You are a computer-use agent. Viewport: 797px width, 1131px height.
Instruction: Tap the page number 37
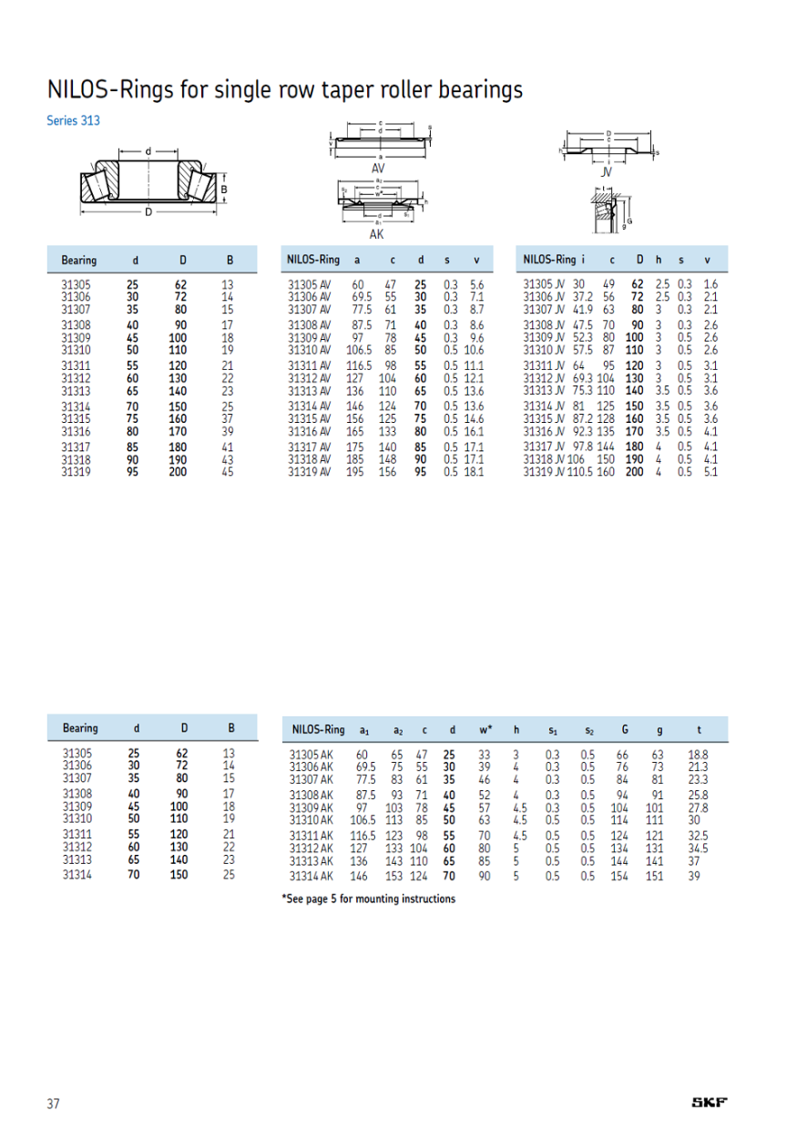[53, 1104]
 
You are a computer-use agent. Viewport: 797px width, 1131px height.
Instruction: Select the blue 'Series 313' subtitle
[73, 120]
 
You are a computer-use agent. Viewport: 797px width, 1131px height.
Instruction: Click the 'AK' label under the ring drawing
[376, 234]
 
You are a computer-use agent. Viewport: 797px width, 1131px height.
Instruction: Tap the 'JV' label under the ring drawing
[608, 171]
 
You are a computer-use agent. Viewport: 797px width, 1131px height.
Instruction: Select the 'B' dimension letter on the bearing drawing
[224, 190]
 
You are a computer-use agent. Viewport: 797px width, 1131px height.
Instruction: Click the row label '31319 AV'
[309, 472]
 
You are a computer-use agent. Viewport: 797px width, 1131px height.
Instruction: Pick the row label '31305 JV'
[544, 285]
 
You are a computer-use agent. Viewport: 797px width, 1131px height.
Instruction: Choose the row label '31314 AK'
[311, 876]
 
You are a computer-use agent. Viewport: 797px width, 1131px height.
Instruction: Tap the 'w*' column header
[485, 729]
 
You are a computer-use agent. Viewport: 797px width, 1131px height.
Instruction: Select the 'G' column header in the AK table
[624, 729]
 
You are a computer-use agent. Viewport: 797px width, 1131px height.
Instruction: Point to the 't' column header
[699, 729]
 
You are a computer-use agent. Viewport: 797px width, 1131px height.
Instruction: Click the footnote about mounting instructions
[369, 899]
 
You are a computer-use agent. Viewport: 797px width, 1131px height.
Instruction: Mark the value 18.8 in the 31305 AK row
[699, 755]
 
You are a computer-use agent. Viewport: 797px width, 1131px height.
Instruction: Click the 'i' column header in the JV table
[583, 260]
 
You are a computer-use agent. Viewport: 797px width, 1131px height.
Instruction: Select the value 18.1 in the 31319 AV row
[474, 472]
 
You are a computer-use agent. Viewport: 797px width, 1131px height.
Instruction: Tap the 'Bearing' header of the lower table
[80, 728]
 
